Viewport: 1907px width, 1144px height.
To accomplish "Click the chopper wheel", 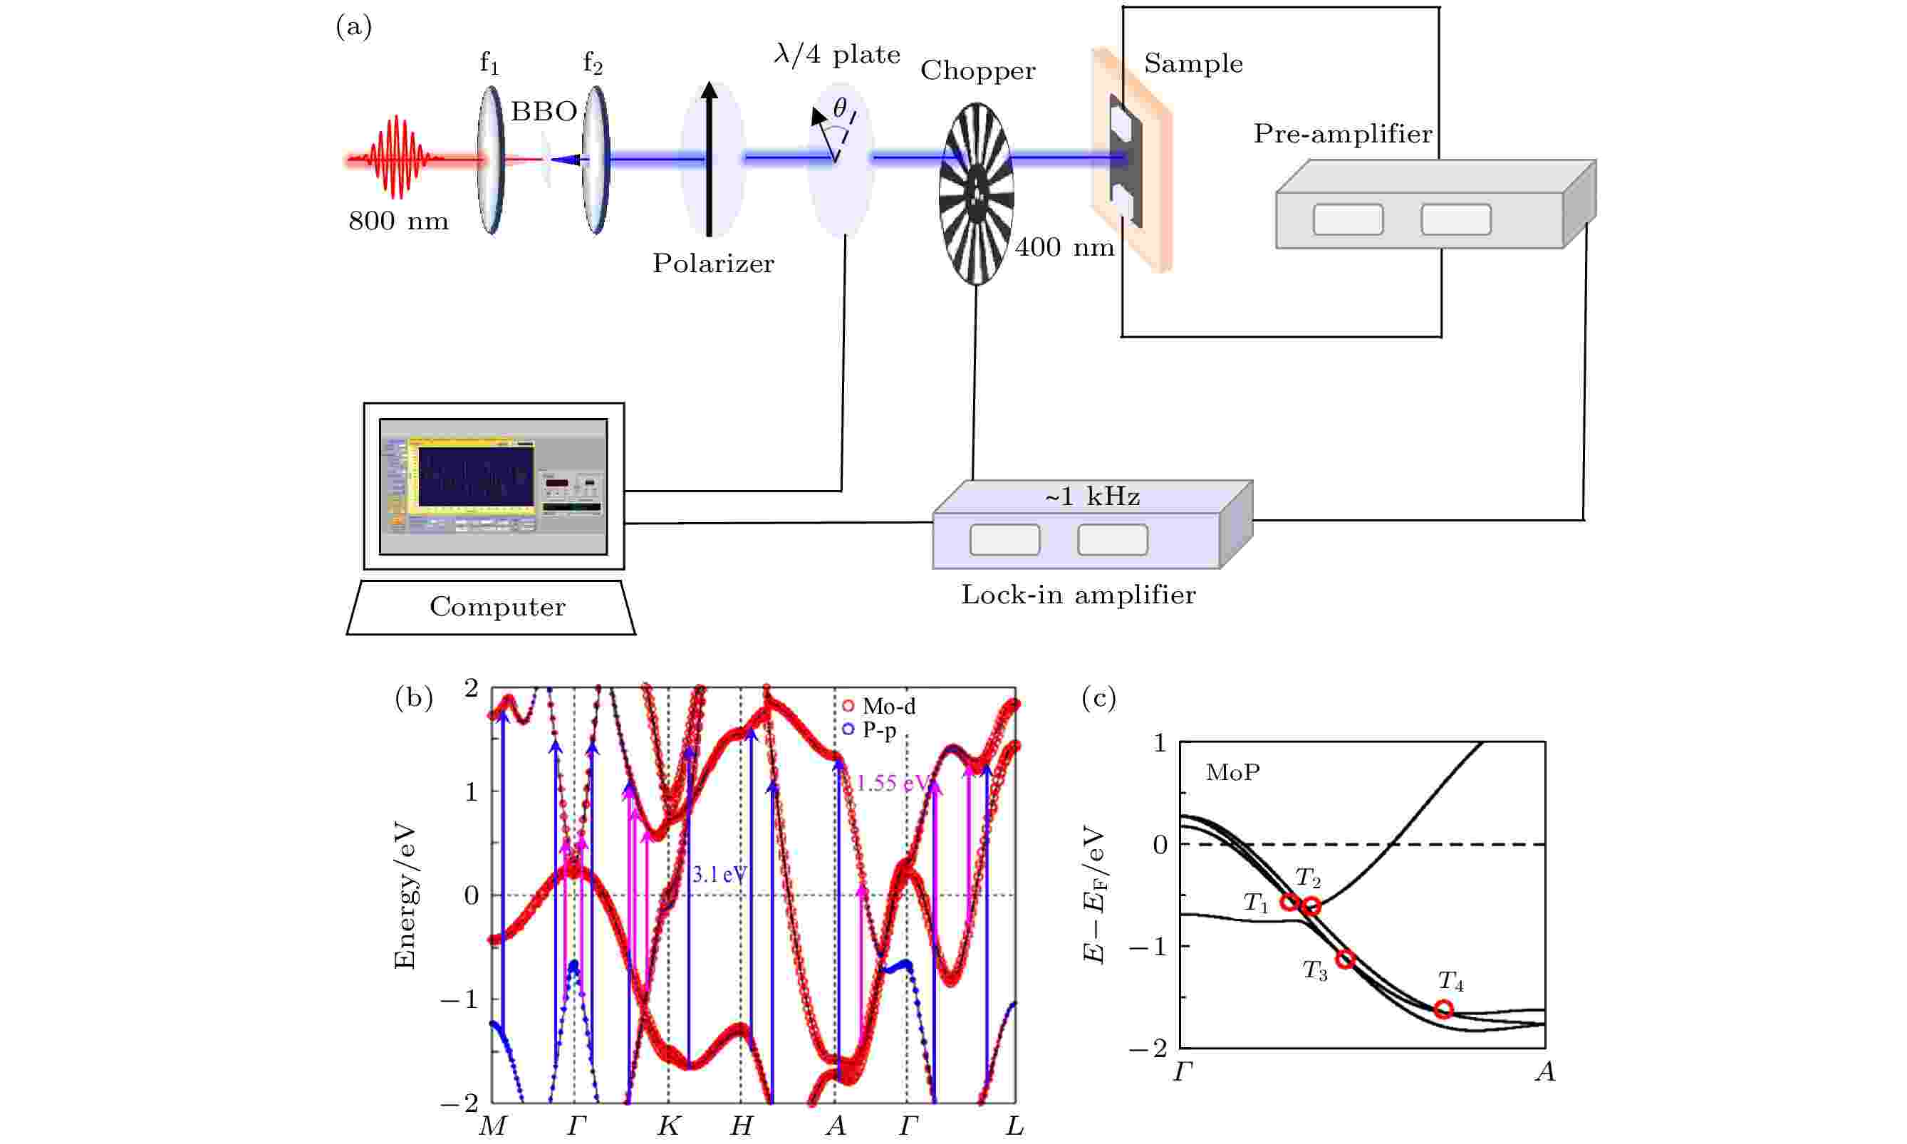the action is [976, 194].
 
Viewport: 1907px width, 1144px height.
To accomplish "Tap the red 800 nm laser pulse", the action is [397, 157].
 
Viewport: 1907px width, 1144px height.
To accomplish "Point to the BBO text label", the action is [544, 112].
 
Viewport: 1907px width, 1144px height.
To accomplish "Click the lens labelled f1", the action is [490, 160].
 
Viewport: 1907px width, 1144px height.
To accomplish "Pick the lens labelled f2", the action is [596, 160].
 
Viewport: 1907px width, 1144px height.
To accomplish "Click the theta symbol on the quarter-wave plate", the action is [839, 108].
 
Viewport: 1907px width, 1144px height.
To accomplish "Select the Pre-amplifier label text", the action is [1343, 134].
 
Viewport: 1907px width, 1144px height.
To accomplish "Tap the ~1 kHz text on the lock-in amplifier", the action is [1092, 497].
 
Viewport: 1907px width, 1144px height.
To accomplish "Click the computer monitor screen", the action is [494, 487].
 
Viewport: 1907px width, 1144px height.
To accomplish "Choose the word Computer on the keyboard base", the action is [497, 607].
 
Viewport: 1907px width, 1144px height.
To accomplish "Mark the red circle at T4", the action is [1444, 1009].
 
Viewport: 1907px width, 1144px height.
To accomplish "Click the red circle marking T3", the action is [1345, 960].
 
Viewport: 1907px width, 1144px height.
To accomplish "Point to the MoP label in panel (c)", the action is [1232, 772].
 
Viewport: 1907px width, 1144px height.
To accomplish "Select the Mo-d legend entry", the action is [879, 706].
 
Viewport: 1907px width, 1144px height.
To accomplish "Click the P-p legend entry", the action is [871, 730].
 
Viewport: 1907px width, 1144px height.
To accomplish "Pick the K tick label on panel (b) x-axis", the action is [668, 1126].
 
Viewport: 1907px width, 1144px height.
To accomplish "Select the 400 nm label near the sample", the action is [1064, 247].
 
